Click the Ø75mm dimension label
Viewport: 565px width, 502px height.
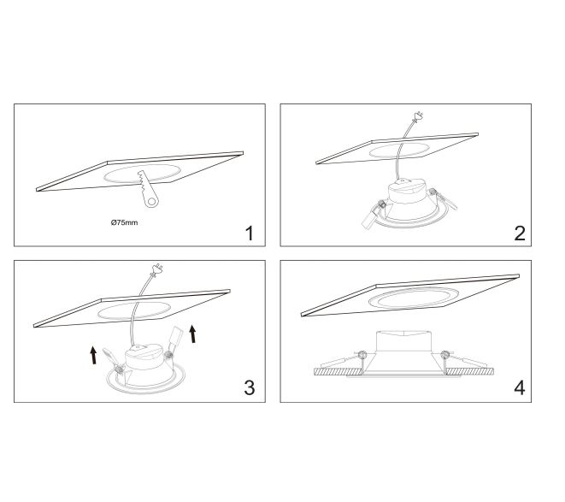(x=124, y=222)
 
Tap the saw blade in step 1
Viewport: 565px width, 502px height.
(x=147, y=189)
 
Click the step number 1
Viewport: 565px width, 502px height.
(x=249, y=233)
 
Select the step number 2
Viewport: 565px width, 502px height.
(x=520, y=233)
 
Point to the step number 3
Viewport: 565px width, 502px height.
(x=250, y=387)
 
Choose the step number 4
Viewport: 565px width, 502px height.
(x=520, y=388)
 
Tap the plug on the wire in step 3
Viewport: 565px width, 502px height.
(x=156, y=269)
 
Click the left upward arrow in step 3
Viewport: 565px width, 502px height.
(x=94, y=355)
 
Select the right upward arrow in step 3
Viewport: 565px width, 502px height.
(x=193, y=334)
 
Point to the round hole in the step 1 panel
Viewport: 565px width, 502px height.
(x=142, y=173)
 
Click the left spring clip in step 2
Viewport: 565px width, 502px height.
(x=374, y=216)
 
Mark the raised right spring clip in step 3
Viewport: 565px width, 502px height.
(x=174, y=342)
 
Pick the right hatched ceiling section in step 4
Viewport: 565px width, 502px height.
(x=469, y=372)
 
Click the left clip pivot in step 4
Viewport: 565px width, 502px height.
(x=363, y=355)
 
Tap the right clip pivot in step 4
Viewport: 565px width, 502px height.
(x=445, y=355)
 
